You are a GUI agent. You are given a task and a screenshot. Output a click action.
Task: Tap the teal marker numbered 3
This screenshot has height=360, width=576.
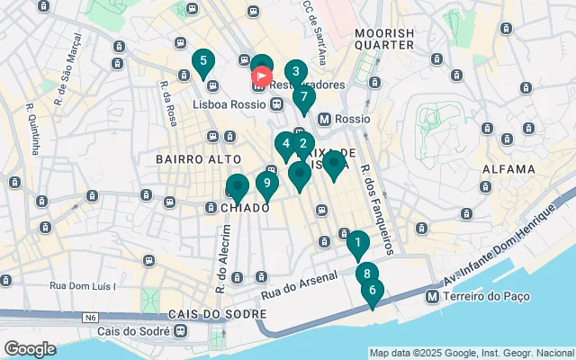[x=295, y=72]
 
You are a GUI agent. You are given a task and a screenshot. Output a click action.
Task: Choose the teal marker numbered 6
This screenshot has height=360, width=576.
[x=372, y=291]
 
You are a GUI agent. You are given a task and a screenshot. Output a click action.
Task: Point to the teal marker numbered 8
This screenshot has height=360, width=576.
[x=365, y=274]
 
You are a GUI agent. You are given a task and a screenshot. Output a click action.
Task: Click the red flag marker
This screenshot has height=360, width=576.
[x=261, y=76]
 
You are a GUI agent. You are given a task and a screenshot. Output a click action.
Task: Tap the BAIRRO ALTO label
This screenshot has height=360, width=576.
[x=187, y=158]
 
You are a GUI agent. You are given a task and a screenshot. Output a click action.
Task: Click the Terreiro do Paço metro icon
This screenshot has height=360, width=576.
[x=433, y=297]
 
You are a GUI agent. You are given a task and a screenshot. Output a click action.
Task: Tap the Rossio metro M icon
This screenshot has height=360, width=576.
[x=325, y=119]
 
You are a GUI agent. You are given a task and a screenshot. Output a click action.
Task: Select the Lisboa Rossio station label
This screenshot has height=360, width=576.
[x=230, y=104]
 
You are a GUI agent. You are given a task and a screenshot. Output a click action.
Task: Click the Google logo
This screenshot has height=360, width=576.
[x=30, y=348]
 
